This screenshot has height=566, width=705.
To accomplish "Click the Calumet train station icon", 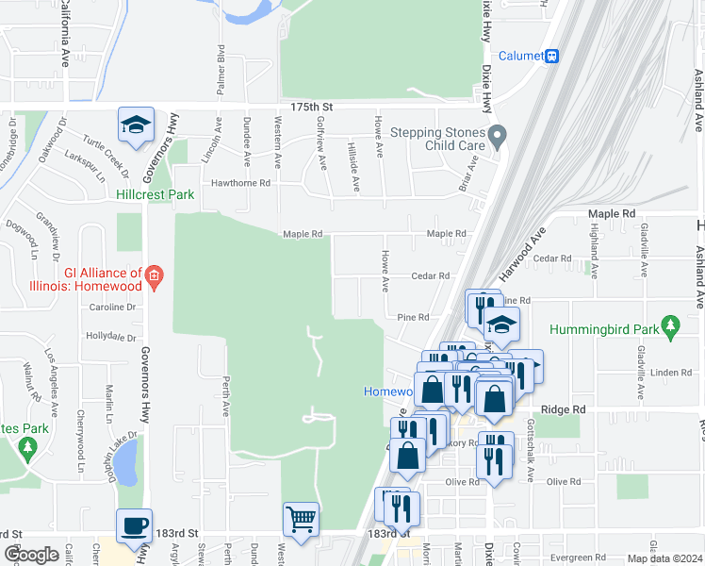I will coord(551,56).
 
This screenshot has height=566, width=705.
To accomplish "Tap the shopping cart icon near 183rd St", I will coord(301,519).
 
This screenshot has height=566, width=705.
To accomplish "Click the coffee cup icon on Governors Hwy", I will coord(134,526).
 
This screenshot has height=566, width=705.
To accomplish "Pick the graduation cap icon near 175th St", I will coord(135,125).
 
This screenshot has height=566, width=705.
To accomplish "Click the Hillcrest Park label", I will coord(155,194).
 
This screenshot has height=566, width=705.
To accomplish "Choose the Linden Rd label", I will coord(671,373).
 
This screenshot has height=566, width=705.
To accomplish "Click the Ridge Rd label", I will coord(565,409).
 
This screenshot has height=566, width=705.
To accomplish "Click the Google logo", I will coord(30,555).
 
